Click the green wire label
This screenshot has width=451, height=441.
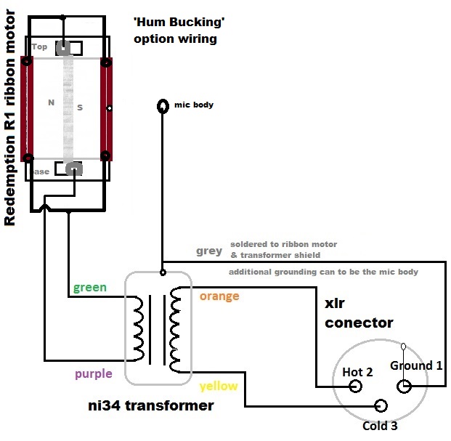(89, 288)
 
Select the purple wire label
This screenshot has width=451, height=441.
(92, 374)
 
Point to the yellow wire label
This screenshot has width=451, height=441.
(219, 386)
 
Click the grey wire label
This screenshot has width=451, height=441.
(209, 251)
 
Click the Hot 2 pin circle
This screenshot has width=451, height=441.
(356, 387)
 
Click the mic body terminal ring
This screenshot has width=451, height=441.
(163, 107)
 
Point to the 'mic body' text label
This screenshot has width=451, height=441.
(194, 105)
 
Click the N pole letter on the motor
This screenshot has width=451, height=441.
(51, 103)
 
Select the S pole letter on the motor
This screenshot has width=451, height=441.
(80, 108)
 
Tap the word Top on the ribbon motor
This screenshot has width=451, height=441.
(40, 47)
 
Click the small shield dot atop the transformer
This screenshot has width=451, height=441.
(162, 273)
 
